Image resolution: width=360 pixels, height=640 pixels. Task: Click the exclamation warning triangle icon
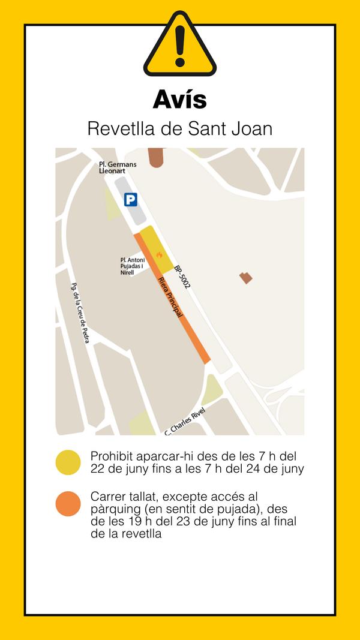[x=179, y=44]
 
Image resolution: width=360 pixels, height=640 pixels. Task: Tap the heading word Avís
[x=179, y=99]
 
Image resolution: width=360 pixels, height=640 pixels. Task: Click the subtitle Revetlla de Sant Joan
[x=179, y=128]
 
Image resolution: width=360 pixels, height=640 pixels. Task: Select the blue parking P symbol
[x=131, y=200]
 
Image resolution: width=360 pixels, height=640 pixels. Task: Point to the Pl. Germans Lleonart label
[x=118, y=167]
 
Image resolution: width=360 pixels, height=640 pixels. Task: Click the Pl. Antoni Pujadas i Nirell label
[x=132, y=266]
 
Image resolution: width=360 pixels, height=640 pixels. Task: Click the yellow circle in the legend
[x=68, y=462]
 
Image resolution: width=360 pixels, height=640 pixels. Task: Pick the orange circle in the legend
[x=68, y=503]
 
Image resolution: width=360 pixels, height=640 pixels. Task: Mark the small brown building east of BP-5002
[x=246, y=277]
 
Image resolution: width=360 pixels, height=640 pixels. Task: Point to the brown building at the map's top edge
[x=157, y=157]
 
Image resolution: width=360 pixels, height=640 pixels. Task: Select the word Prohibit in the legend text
[x=112, y=456]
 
